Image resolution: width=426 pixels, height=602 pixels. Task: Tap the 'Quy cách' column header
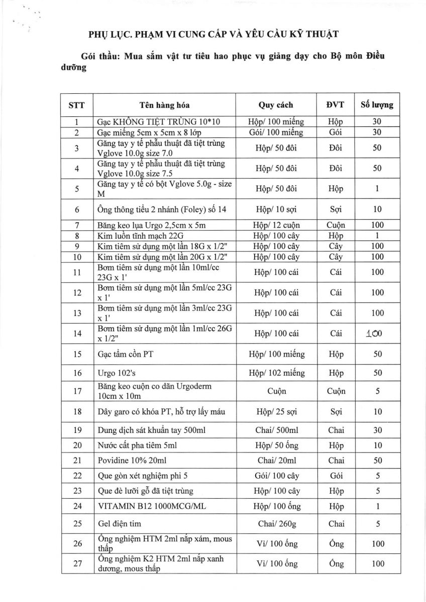[x=276, y=105]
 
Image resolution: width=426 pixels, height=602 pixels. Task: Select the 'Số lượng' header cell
[x=377, y=105]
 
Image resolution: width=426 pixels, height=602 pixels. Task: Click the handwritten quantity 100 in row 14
[x=377, y=333]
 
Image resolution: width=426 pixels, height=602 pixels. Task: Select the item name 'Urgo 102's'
[x=115, y=373]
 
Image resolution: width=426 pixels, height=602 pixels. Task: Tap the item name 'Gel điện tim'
[x=119, y=524]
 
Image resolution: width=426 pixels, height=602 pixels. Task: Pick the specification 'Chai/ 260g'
[x=276, y=524]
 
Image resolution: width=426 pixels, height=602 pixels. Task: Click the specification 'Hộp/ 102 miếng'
[x=276, y=373]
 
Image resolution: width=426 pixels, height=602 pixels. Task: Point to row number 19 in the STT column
[x=77, y=430]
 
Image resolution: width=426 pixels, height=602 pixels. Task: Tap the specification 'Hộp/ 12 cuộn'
[x=276, y=225]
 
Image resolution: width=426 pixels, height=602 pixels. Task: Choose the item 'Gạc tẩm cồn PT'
[x=125, y=354]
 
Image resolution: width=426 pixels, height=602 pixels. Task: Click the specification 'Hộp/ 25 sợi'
[x=276, y=412]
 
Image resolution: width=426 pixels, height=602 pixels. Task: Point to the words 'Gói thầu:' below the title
[x=98, y=56]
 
